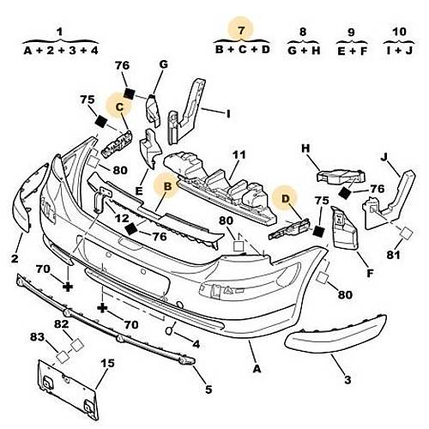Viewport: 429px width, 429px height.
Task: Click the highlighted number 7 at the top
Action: click(x=241, y=30)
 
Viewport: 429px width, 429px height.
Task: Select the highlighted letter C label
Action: click(x=119, y=107)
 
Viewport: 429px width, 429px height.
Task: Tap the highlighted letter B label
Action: click(x=168, y=186)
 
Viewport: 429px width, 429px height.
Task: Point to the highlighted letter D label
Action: click(x=286, y=198)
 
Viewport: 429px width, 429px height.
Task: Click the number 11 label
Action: click(x=239, y=155)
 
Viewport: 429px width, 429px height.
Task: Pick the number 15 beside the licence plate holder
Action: click(x=107, y=363)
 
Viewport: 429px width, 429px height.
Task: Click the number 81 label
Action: click(x=394, y=255)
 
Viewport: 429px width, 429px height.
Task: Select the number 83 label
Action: click(x=38, y=337)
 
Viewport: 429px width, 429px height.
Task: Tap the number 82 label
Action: click(x=62, y=324)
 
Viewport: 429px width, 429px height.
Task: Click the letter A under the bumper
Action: click(x=257, y=369)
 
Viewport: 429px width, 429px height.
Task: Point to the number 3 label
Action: click(x=347, y=380)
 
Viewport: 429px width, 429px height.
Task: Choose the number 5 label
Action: click(x=208, y=390)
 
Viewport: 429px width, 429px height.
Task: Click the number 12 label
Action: click(x=122, y=219)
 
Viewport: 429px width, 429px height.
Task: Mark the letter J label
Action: click(x=384, y=157)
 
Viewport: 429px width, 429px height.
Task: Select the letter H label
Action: click(x=305, y=148)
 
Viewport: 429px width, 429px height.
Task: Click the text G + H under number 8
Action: click(x=304, y=51)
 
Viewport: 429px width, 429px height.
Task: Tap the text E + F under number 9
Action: click(x=352, y=51)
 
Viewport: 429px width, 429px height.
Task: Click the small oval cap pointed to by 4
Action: click(x=169, y=330)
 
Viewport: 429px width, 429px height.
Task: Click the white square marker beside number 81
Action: click(x=406, y=233)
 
